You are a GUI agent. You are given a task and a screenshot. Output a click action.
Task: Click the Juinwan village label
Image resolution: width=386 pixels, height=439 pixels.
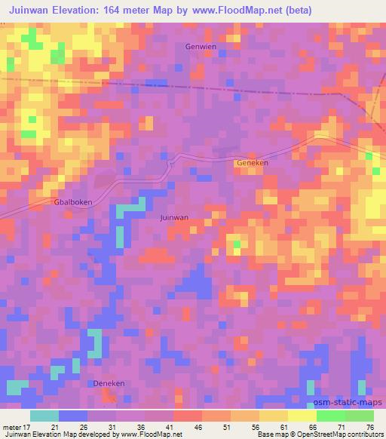pos(174,217)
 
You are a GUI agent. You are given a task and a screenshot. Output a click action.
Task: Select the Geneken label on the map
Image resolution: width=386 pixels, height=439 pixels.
pos(252,163)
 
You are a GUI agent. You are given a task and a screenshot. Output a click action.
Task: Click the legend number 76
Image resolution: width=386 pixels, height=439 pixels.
pos(369,426)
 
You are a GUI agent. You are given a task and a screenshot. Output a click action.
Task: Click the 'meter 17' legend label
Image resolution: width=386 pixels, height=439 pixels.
pos(17,426)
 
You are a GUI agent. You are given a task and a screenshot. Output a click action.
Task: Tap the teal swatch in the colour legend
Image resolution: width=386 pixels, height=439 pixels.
pos(44,416)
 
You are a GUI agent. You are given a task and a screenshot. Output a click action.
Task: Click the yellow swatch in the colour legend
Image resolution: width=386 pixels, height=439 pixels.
pos(302,416)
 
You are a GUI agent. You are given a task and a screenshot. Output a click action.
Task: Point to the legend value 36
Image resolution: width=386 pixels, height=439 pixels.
pos(141,426)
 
